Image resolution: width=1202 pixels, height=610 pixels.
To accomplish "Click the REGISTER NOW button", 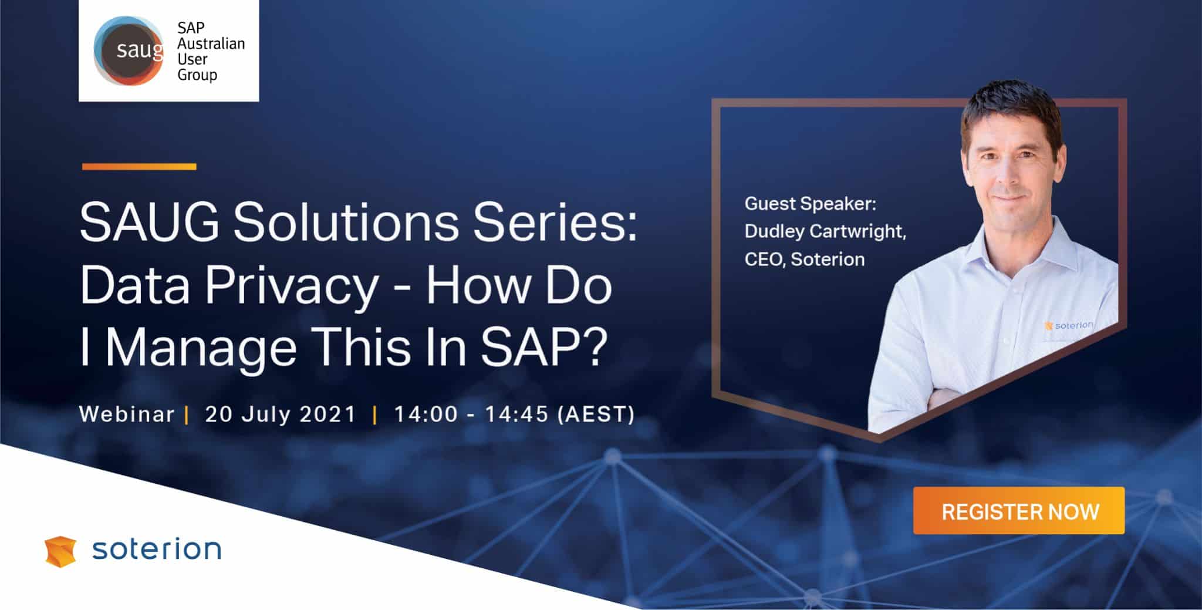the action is click(x=1019, y=511).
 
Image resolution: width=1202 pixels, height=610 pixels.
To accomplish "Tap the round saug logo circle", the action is click(x=129, y=50).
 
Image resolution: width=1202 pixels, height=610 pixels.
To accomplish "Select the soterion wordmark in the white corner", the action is click(x=157, y=550).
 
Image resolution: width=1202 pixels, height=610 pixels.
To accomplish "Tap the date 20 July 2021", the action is click(x=281, y=414).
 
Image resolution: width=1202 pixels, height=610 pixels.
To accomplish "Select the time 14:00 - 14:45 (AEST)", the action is click(x=514, y=414).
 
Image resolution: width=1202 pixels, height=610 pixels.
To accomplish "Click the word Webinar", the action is click(x=127, y=414).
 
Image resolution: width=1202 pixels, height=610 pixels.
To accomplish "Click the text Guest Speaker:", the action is click(x=811, y=204).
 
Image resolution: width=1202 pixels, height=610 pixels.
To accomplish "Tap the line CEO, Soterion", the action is click(x=805, y=259).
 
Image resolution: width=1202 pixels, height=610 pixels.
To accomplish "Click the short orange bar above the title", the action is click(x=139, y=167).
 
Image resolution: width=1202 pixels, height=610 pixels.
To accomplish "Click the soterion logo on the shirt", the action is click(x=1069, y=325).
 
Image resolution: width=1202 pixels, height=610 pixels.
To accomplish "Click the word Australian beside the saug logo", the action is click(x=211, y=44).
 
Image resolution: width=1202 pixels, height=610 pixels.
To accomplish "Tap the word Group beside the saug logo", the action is click(x=197, y=75).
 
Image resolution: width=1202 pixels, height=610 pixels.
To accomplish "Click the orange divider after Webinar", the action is click(x=187, y=415).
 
